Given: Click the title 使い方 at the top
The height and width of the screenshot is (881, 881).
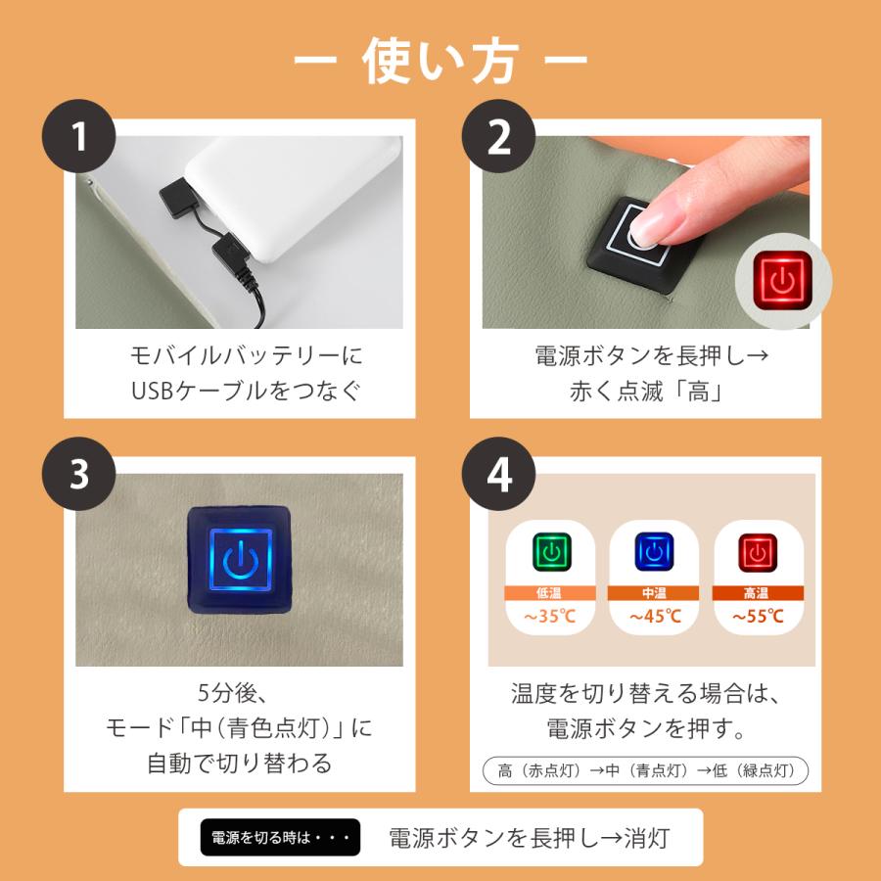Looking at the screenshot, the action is tap(440, 62).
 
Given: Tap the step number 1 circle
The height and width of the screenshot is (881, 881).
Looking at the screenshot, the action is tap(78, 136).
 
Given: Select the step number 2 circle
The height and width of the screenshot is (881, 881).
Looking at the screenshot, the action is tap(498, 136).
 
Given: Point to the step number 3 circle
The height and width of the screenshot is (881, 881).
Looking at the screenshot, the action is tap(78, 474).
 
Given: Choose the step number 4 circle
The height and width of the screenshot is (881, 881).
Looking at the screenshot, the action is tap(498, 474).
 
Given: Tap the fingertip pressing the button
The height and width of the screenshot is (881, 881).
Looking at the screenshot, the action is tap(646, 229).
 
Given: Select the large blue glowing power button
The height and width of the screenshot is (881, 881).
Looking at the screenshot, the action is tap(240, 559).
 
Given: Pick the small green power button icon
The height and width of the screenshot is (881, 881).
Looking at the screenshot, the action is tap(551, 552).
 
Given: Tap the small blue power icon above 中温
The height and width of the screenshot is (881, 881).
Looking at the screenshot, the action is tap(654, 552).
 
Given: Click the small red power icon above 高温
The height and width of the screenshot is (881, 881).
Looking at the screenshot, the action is tap(758, 552).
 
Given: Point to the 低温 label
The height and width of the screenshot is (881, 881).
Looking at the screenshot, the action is tap(549, 593).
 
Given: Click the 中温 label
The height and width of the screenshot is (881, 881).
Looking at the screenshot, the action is tap(654, 593).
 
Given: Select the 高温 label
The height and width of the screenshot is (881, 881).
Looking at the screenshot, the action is tap(757, 593).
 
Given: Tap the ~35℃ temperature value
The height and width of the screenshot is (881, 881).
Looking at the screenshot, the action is tap(549, 617).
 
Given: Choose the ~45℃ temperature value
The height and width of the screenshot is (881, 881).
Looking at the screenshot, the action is tap(655, 617).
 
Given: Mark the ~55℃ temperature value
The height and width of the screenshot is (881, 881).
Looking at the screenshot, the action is tap(758, 617).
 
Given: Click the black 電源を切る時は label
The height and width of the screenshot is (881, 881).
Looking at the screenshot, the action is tap(280, 837).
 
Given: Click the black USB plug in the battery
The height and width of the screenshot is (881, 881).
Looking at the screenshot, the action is tap(180, 199).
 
